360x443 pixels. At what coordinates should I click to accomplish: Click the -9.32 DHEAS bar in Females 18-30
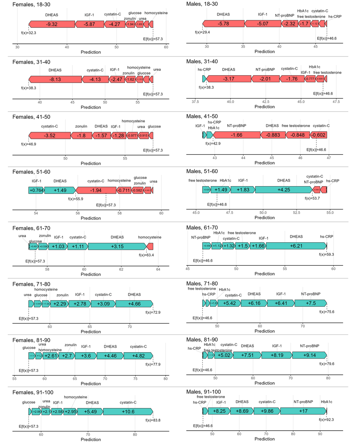pyautogui.click(x=52, y=24)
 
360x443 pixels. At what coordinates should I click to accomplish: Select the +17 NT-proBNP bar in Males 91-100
pyautogui.click(x=304, y=411)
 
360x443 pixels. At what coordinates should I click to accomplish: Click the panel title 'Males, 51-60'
pyautogui.click(x=202, y=171)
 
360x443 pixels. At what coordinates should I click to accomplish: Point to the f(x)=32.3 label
pyautogui.click(x=29, y=33)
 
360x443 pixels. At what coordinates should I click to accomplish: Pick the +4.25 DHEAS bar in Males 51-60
pyautogui.click(x=284, y=190)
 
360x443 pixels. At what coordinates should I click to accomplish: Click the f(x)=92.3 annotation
pyautogui.click(x=326, y=420)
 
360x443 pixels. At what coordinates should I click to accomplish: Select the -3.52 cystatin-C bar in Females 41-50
pyautogui.click(x=49, y=136)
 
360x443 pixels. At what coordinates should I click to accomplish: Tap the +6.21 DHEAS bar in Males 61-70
pyautogui.click(x=296, y=246)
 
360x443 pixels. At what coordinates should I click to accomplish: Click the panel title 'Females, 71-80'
pyautogui.click(x=31, y=284)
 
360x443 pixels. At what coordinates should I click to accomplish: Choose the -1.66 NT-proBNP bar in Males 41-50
pyautogui.click(x=236, y=135)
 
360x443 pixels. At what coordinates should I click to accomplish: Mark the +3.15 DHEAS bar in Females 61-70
pyautogui.click(x=117, y=247)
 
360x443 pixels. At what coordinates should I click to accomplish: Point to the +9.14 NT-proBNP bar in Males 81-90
pyautogui.click(x=310, y=355)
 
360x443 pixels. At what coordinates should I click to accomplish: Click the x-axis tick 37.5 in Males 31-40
pyautogui.click(x=195, y=102)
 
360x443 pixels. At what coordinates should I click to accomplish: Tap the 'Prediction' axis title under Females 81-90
pyautogui.click(x=91, y=384)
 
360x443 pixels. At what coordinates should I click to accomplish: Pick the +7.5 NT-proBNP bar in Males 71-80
pyautogui.click(x=311, y=303)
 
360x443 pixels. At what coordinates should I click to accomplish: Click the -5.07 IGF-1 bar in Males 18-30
pyautogui.click(x=263, y=24)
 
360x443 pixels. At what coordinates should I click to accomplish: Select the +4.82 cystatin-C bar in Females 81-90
pyautogui.click(x=138, y=356)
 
